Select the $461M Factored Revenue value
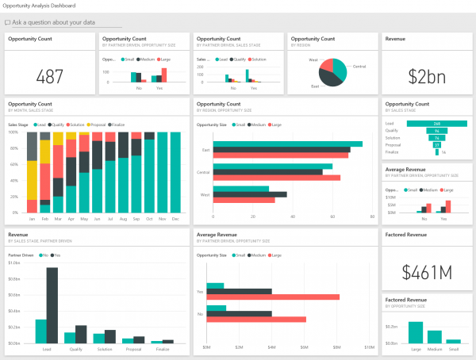click(x=426, y=271)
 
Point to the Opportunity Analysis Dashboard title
click(x=48, y=6)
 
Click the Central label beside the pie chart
click(x=359, y=67)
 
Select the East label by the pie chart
click(x=315, y=86)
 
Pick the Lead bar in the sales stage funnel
click(x=436, y=124)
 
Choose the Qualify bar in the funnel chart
click(x=436, y=131)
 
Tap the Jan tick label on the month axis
click(x=33, y=218)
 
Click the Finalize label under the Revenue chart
click(x=163, y=348)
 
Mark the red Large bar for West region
click(x=244, y=200)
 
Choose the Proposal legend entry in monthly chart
click(x=98, y=124)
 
